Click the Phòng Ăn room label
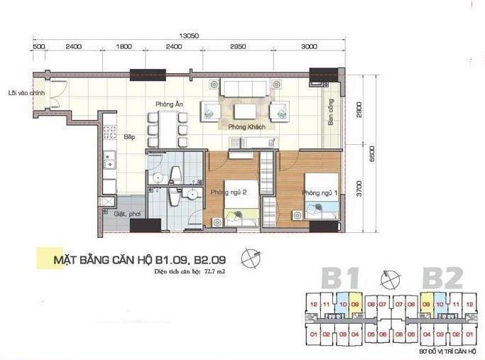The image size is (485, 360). pos(170,105)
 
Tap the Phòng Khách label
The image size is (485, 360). pos(242,126)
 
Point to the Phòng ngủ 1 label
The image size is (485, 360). pos(317,192)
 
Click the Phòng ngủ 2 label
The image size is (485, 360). pos(227,192)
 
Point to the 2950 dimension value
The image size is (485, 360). pos(238,47)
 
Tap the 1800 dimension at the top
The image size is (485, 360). pos(124,47)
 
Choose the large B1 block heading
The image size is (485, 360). pos(339,277)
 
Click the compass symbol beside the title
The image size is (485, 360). pos(250,258)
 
